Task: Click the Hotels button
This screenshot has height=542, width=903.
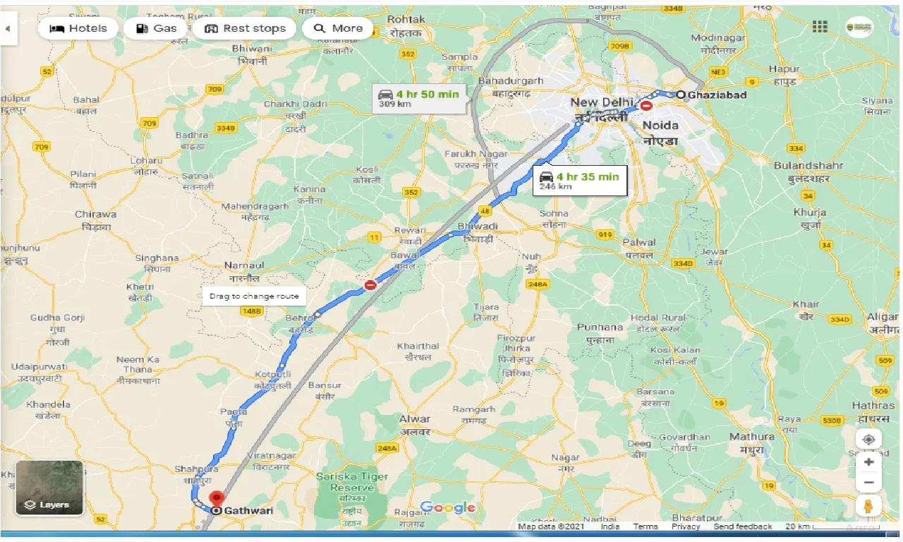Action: (78, 28)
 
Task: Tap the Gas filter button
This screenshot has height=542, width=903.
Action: (156, 28)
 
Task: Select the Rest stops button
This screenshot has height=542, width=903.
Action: (245, 28)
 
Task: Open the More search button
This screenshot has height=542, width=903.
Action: (338, 28)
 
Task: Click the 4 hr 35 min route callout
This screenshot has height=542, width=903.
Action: (579, 180)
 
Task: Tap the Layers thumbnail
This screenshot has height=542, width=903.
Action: (49, 488)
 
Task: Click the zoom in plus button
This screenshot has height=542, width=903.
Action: (868, 462)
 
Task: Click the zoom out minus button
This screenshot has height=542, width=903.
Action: (868, 483)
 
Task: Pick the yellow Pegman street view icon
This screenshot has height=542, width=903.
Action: (868, 506)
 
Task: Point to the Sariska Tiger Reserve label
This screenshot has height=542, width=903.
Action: (352, 482)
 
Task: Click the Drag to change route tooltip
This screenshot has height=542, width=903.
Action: (254, 296)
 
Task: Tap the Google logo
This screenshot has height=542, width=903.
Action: (448, 507)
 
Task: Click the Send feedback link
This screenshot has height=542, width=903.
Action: (743, 526)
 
